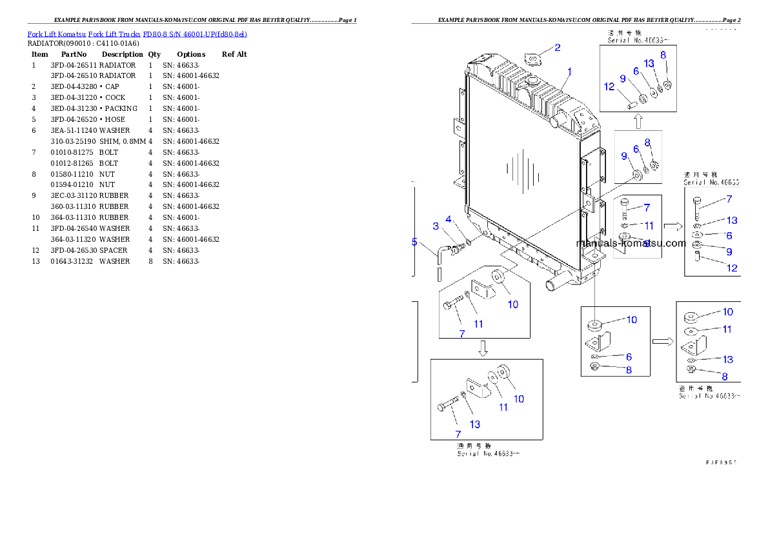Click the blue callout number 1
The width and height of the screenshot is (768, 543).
tap(569, 71)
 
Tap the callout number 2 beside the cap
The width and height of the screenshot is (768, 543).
tap(558, 47)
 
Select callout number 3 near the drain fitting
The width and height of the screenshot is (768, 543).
tap(436, 226)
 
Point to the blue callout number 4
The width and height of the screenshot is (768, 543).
tap(448, 219)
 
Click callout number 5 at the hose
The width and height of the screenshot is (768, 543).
tap(415, 242)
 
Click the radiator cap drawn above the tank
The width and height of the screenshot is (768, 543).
tap(532, 60)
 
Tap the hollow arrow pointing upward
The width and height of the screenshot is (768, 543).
tap(638, 121)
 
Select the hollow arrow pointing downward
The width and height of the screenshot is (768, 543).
tap(483, 349)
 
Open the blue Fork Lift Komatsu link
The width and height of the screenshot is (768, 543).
tap(137, 34)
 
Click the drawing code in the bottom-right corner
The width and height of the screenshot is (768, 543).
tap(722, 462)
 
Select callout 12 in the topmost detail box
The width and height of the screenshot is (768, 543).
tap(609, 86)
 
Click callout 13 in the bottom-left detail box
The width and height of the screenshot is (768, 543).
tap(475, 424)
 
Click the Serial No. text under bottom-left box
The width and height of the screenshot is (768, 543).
tap(488, 453)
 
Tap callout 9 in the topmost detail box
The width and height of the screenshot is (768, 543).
tap(623, 79)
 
